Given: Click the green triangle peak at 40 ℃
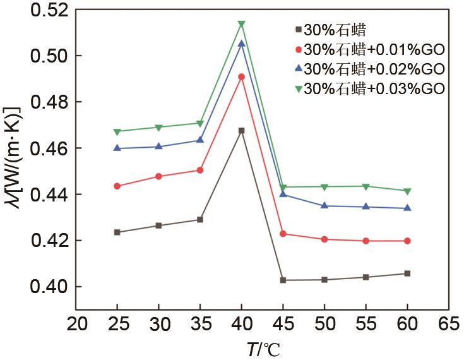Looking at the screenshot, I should point(241,25).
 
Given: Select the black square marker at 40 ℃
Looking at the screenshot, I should point(241,131).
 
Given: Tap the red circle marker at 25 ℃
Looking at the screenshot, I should point(117,186).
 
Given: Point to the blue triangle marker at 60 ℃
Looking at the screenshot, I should point(407,208).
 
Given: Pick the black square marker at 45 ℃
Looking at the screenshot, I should point(283,280).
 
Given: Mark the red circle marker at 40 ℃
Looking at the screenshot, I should point(241,77).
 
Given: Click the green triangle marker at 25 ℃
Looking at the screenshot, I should point(117,132).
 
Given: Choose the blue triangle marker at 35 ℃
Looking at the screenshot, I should point(200,140).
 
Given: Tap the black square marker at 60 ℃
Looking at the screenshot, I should point(407,273).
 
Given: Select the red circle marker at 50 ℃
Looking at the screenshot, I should point(324,239).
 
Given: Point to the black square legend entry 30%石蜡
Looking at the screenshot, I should point(328,29).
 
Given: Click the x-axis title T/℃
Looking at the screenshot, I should point(263,348).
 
